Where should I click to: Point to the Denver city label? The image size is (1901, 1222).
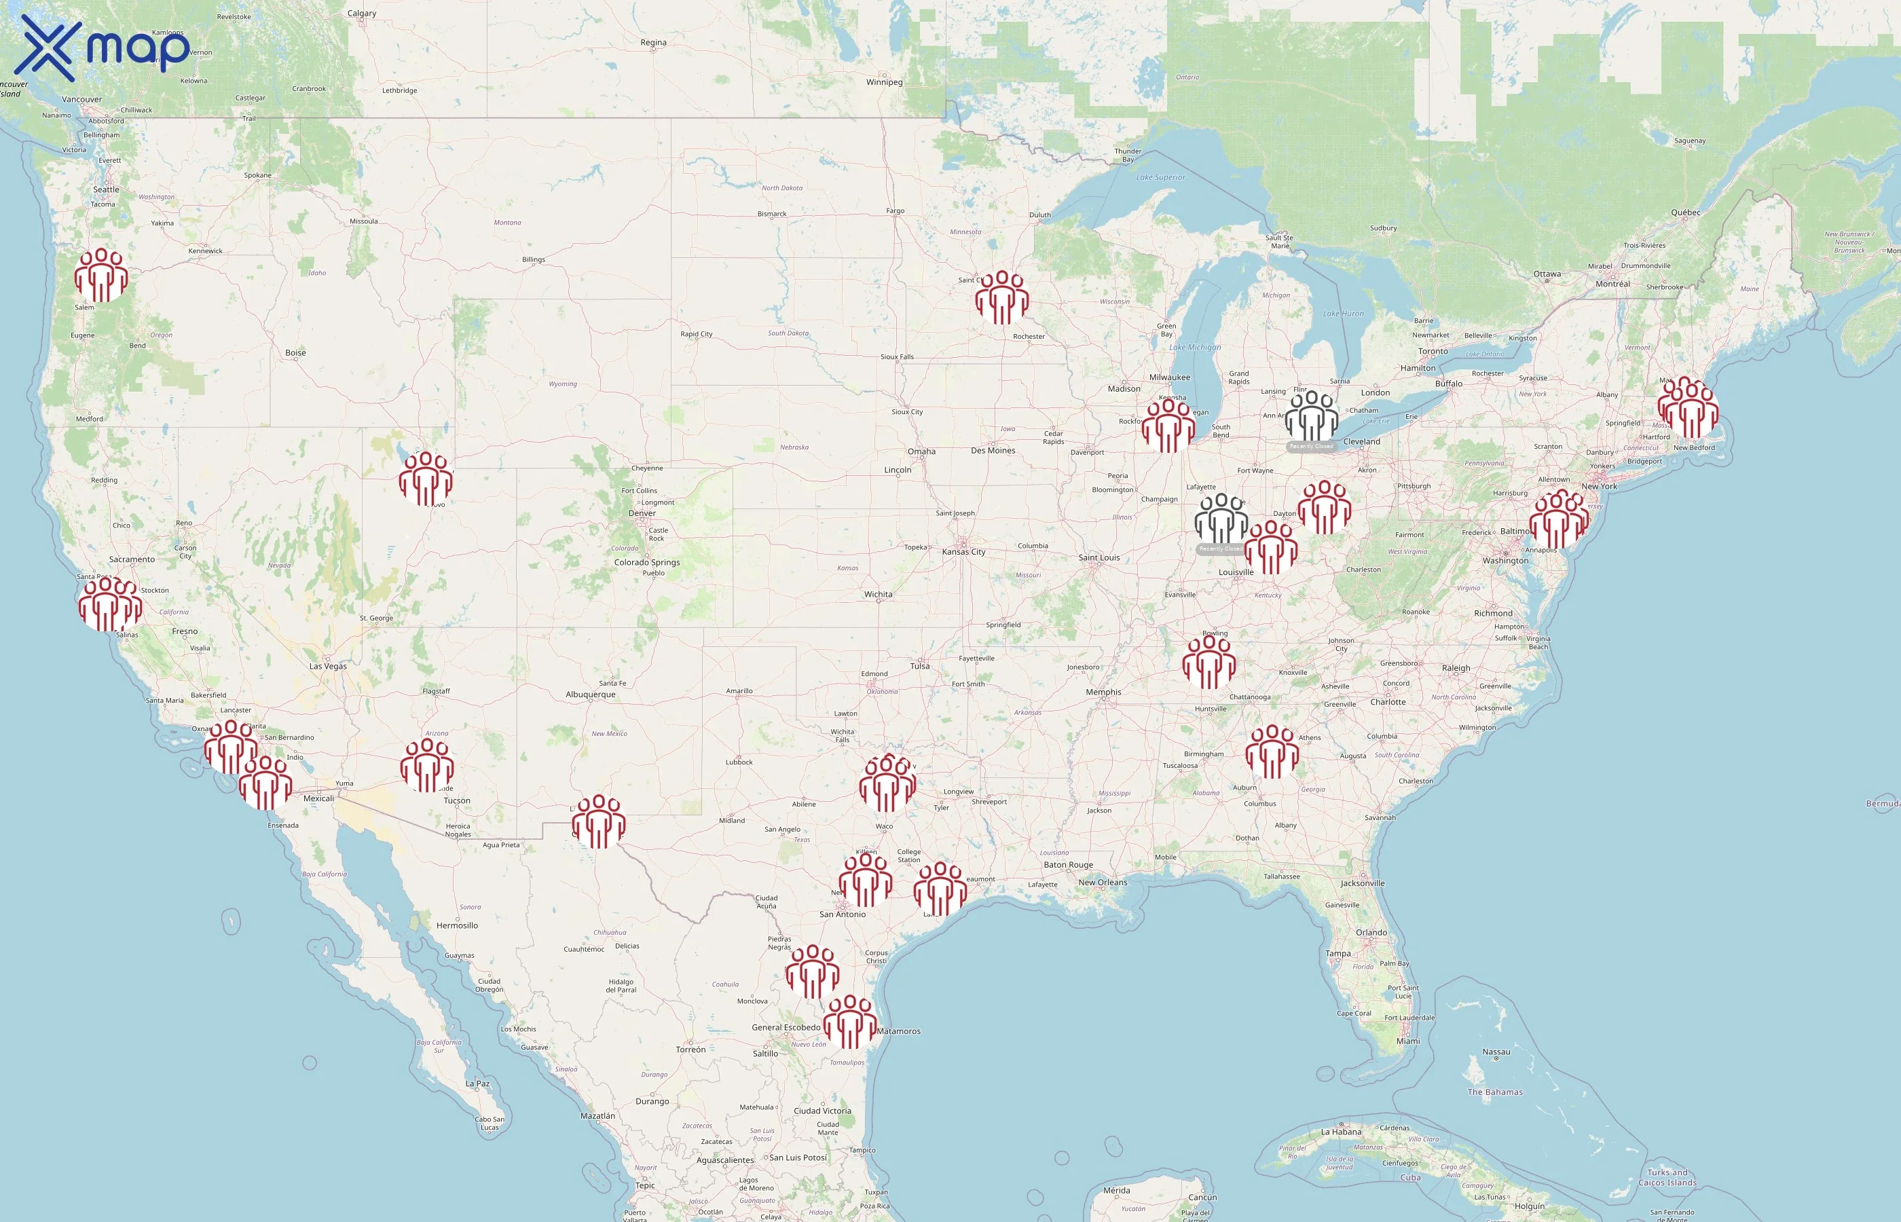pyautogui.click(x=642, y=513)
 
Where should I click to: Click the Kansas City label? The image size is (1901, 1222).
pyautogui.click(x=963, y=551)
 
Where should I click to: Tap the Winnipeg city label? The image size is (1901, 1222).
pyautogui.click(x=884, y=81)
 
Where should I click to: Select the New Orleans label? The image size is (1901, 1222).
pyautogui.click(x=1102, y=883)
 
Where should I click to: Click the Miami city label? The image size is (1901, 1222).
pyautogui.click(x=1407, y=1041)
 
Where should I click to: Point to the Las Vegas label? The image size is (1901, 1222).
pyautogui.click(x=328, y=666)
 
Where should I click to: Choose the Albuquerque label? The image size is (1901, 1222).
pyautogui.click(x=590, y=695)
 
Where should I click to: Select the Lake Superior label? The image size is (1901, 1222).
pyautogui.click(x=1160, y=177)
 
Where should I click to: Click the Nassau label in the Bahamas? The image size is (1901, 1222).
pyautogui.click(x=1496, y=1052)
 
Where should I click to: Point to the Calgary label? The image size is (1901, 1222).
pyautogui.click(x=362, y=14)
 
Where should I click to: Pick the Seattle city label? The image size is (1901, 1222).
pyautogui.click(x=107, y=189)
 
